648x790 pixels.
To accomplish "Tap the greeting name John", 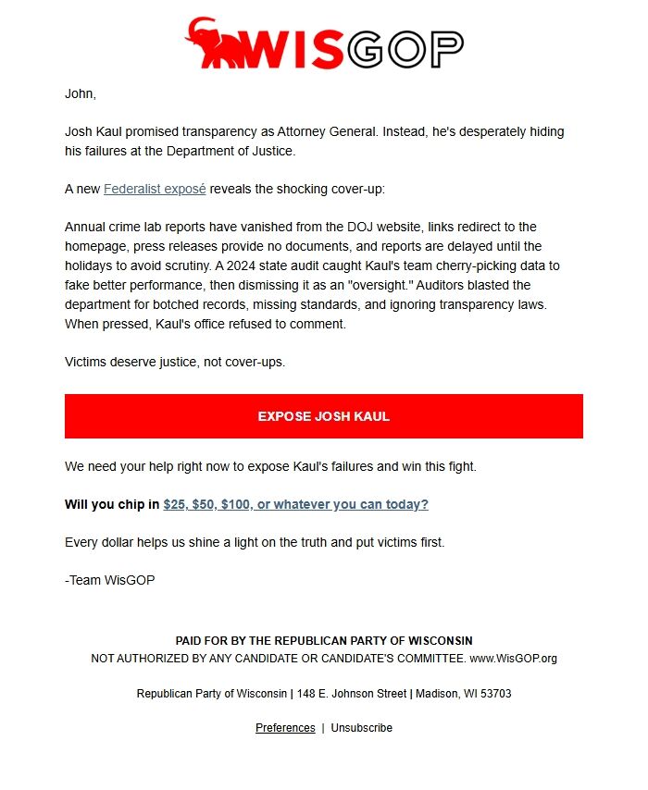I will (x=80, y=93).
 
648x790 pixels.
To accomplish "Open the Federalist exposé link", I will (x=155, y=189).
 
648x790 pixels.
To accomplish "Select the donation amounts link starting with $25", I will (x=295, y=504).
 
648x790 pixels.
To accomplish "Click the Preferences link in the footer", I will (x=285, y=728).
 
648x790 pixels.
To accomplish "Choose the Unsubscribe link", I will (x=361, y=728).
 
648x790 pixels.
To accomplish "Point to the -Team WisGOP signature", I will (x=110, y=580).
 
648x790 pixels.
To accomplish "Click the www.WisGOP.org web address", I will (x=514, y=659).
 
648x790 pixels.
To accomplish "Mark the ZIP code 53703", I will (x=494, y=694).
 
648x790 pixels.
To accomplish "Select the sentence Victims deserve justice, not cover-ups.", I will (x=175, y=362).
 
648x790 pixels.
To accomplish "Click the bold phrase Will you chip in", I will (x=112, y=504).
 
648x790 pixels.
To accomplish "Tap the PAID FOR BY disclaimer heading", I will (x=324, y=641).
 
